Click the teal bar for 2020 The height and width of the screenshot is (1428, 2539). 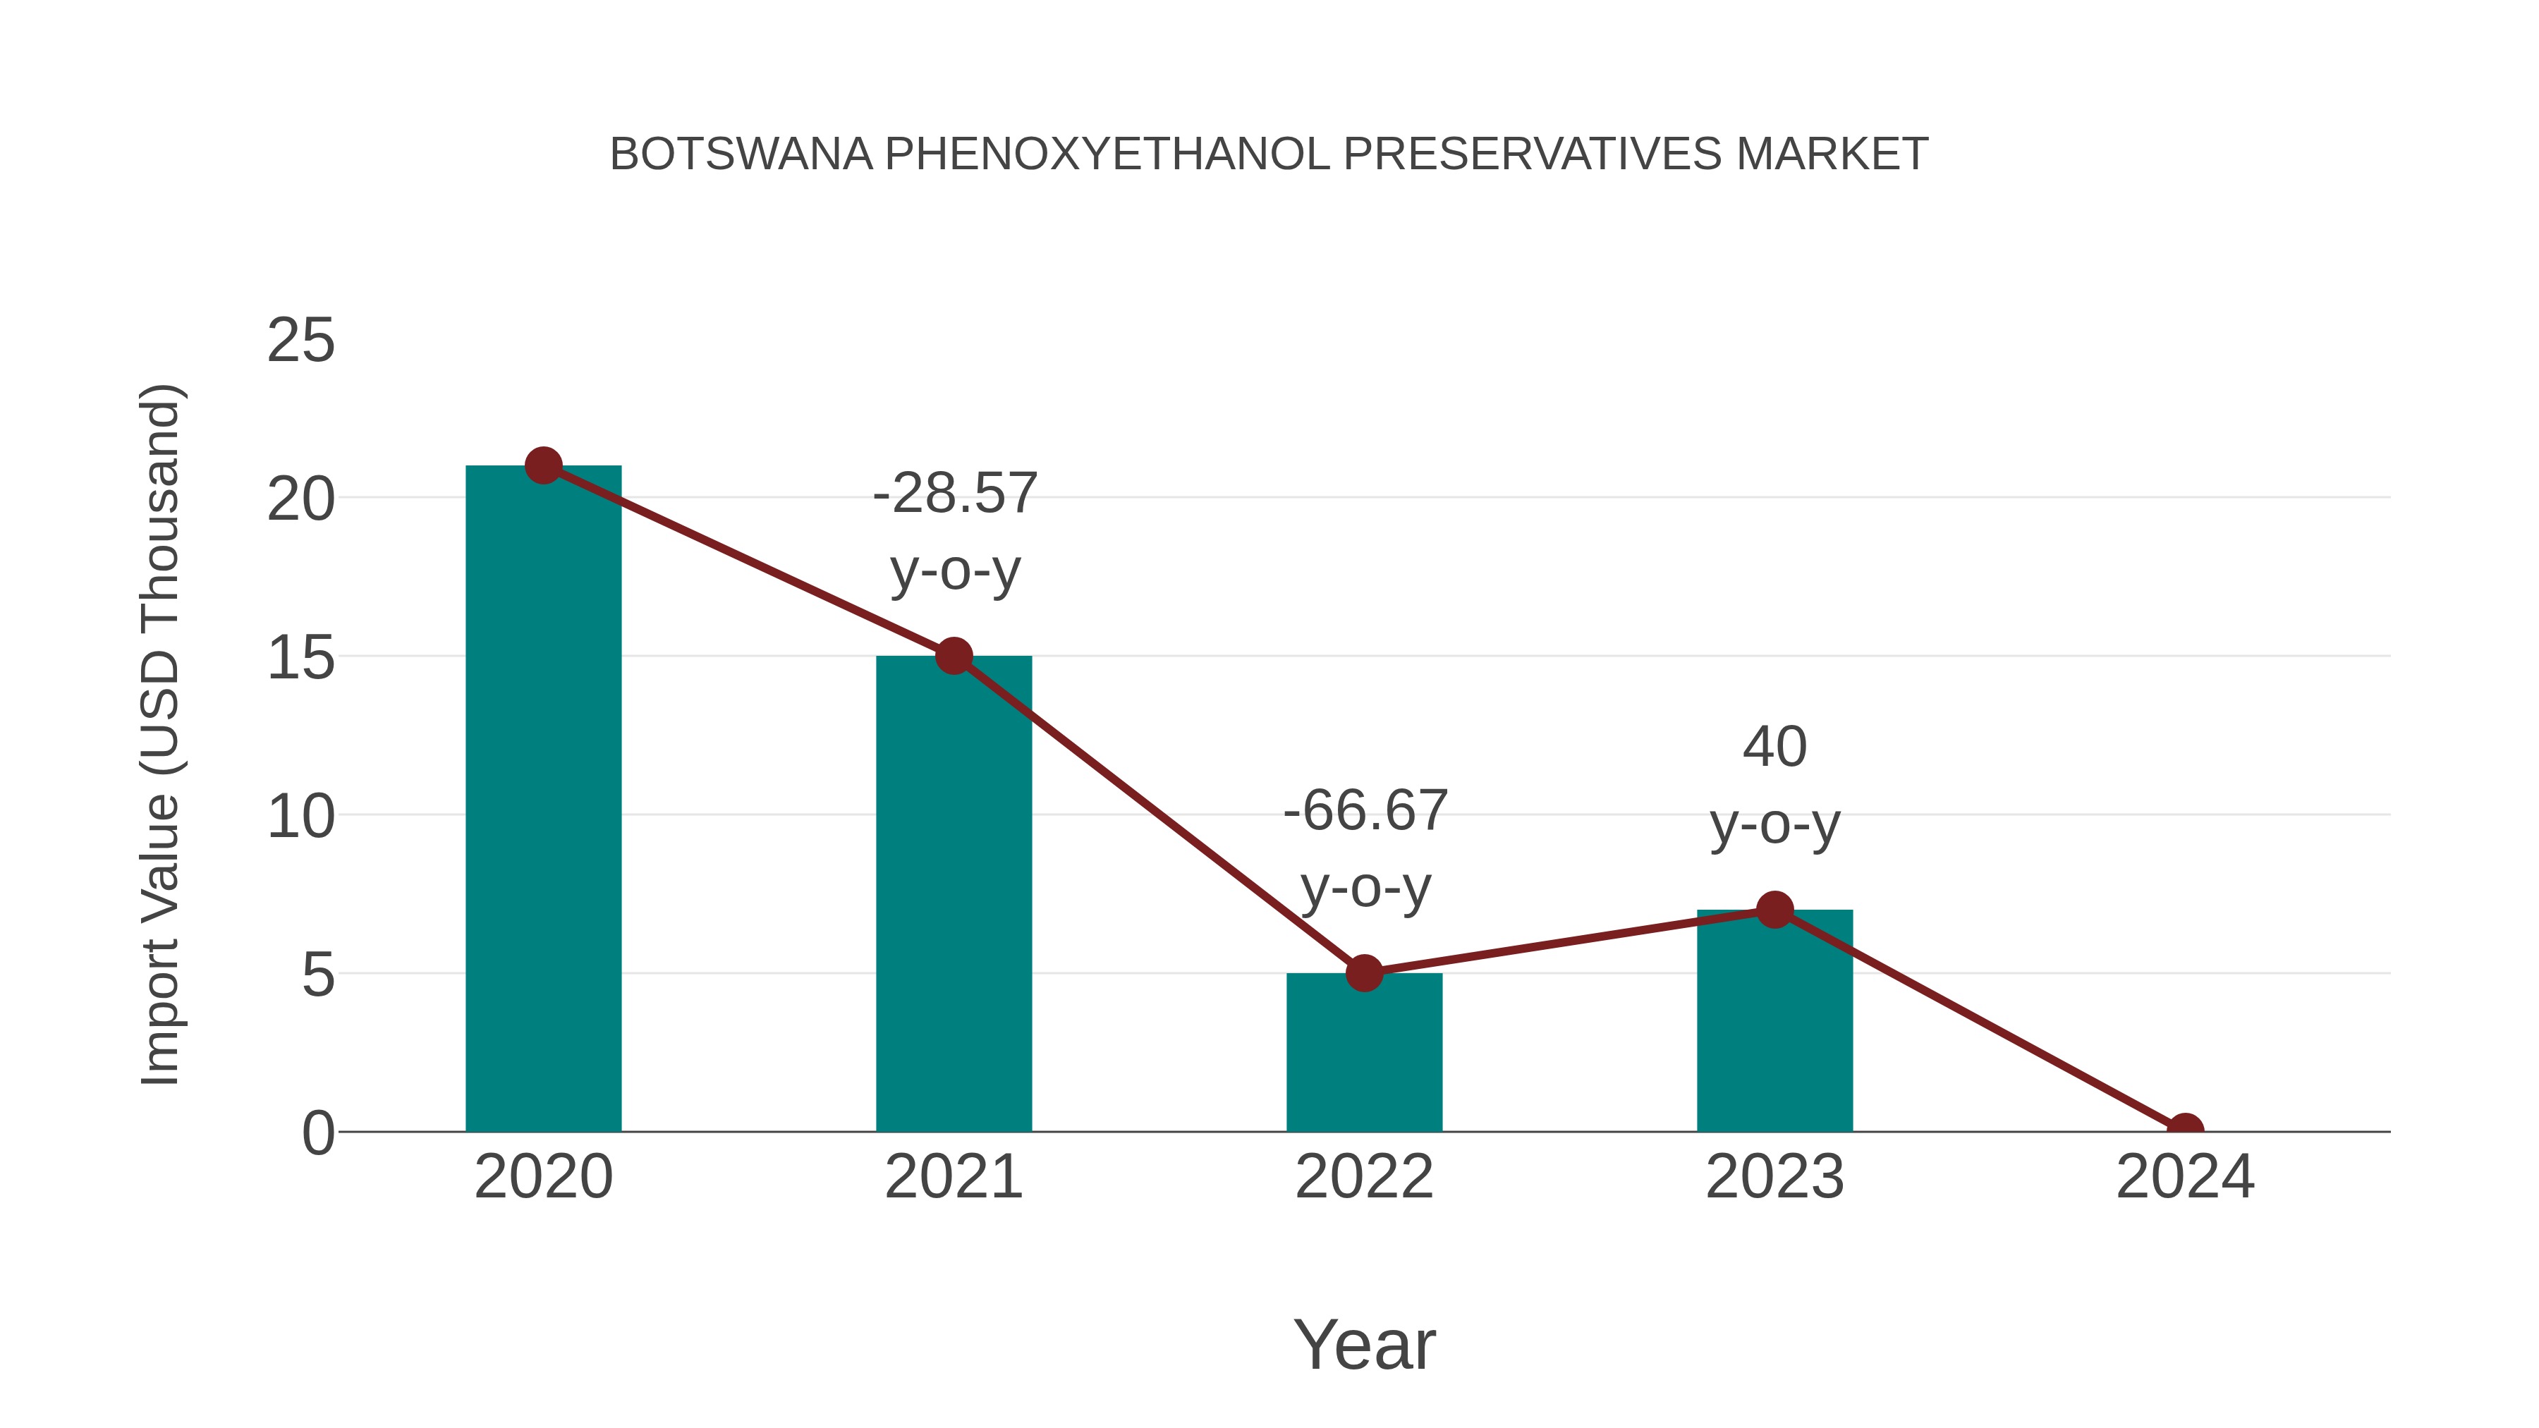(543, 798)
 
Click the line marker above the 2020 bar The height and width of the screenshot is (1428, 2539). (543, 465)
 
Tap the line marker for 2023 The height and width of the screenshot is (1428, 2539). (1774, 910)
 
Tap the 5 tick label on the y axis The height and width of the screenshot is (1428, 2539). (317, 976)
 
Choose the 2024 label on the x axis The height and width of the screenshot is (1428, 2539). (2185, 1177)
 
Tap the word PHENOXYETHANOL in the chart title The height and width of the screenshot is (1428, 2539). (1107, 154)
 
